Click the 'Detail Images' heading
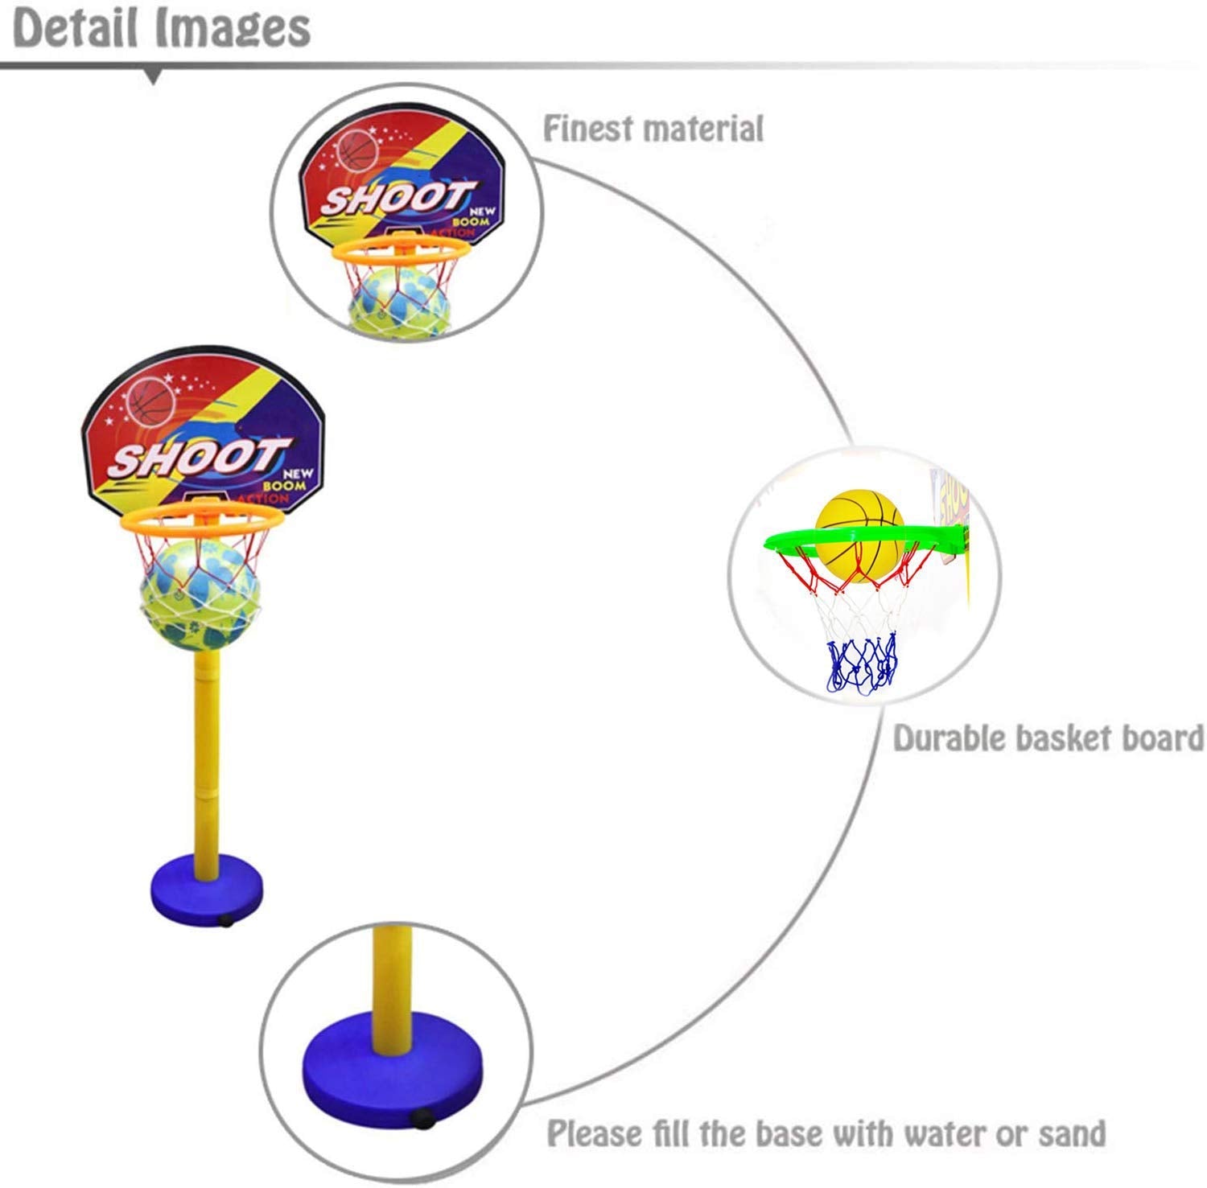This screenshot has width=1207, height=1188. point(162,28)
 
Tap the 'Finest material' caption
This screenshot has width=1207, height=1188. point(653,129)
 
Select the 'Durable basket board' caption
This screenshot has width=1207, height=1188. point(1048,738)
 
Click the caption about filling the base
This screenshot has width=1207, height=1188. point(826,1133)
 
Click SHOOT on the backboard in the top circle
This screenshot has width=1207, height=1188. point(394,199)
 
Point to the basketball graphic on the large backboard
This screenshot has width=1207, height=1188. point(153,399)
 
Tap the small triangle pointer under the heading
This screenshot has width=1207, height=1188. point(153,78)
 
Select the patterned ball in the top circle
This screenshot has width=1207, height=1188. point(398,298)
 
